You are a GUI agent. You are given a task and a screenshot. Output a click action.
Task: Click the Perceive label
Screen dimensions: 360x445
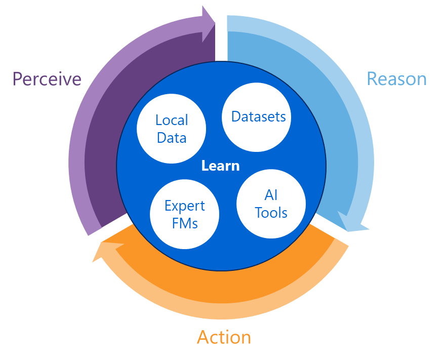47,79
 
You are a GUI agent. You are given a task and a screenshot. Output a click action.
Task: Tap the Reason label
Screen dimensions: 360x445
396,79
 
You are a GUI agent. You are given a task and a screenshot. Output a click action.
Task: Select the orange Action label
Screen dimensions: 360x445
224,337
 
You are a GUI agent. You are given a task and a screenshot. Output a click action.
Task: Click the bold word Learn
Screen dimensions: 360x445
220,166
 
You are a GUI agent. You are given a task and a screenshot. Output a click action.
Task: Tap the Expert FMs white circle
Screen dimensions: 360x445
185,215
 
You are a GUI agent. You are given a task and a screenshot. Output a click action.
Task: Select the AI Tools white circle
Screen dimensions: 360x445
271,204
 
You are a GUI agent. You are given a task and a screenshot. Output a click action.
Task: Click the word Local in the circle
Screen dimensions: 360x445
172,121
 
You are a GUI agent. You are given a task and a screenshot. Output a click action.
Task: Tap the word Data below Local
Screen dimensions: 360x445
172,138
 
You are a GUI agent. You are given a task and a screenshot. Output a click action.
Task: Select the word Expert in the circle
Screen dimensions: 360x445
185,206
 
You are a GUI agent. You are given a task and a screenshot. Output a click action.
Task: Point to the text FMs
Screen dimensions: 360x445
185,223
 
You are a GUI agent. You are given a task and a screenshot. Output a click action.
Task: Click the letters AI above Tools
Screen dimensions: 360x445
271,195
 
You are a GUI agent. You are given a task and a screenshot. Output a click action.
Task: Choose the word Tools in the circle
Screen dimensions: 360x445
271,213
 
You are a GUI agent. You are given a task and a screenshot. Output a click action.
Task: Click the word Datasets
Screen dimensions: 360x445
258,117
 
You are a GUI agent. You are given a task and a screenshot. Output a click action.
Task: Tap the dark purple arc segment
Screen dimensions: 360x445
109,142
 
